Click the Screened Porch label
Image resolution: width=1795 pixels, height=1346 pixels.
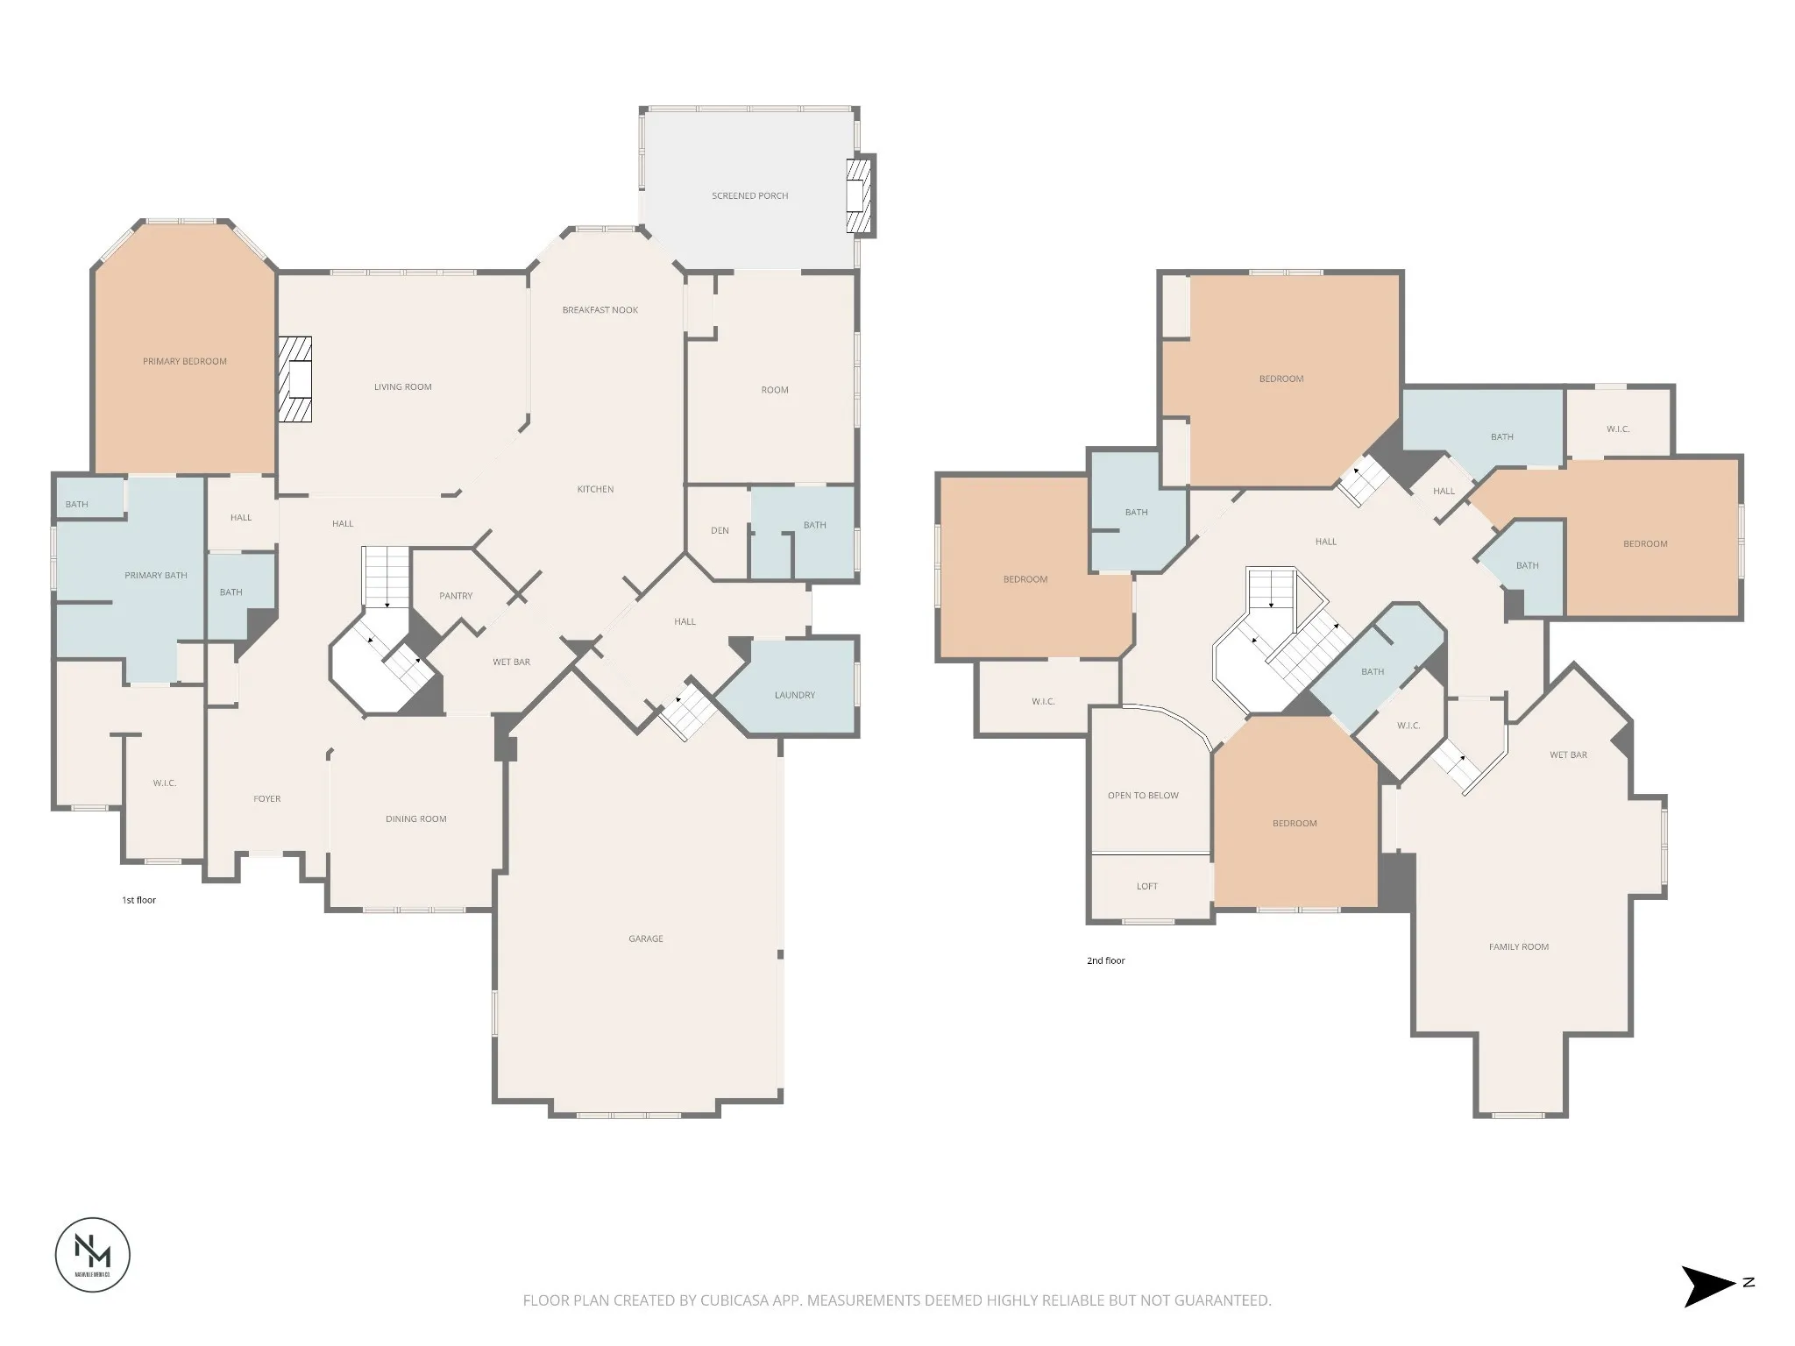click(749, 195)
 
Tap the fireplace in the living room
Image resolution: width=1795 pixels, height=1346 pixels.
click(295, 379)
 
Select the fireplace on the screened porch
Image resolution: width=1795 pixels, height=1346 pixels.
click(861, 195)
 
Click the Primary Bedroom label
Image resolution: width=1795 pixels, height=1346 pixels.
click(185, 361)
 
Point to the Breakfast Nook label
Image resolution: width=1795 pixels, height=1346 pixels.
click(600, 310)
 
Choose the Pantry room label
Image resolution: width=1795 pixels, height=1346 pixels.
click(456, 596)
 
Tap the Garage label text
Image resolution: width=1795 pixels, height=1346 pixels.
click(646, 939)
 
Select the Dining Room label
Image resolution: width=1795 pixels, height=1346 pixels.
click(416, 819)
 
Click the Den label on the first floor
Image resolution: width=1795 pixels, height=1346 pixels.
click(720, 530)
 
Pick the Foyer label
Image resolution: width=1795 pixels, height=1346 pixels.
click(267, 799)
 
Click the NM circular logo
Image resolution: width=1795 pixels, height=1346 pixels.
click(93, 1254)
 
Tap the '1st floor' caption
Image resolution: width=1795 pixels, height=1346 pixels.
click(138, 900)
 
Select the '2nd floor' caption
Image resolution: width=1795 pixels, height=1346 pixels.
click(1106, 960)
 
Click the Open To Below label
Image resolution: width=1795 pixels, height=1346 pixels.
click(1143, 796)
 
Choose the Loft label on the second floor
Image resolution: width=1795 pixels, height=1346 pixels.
click(1147, 887)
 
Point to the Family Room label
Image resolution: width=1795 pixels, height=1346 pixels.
click(1519, 947)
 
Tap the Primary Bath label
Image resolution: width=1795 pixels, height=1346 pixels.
click(156, 576)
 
